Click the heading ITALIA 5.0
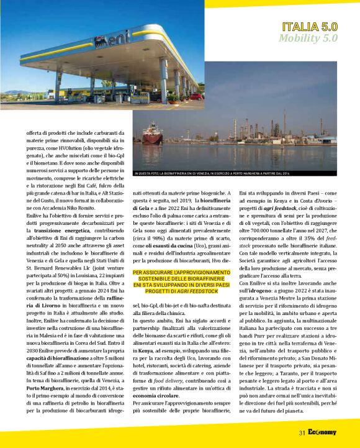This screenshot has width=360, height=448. [x=309, y=27]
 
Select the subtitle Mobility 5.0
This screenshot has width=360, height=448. [x=308, y=38]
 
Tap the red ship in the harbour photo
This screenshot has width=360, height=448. [x=153, y=134]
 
